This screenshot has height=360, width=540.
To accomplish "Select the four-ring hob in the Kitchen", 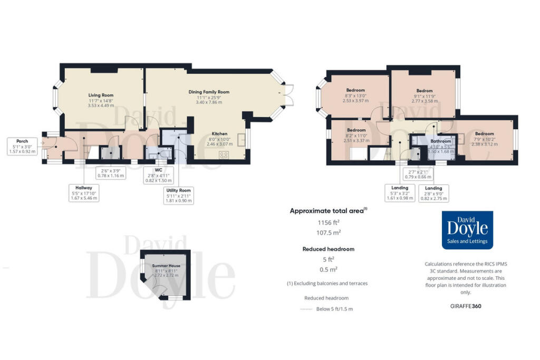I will pos(224,155).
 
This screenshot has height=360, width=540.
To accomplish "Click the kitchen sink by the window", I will pos(242,140).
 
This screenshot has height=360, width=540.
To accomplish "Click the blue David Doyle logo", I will pos(467,230).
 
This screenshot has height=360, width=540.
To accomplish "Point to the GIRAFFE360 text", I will pos(466,306).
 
